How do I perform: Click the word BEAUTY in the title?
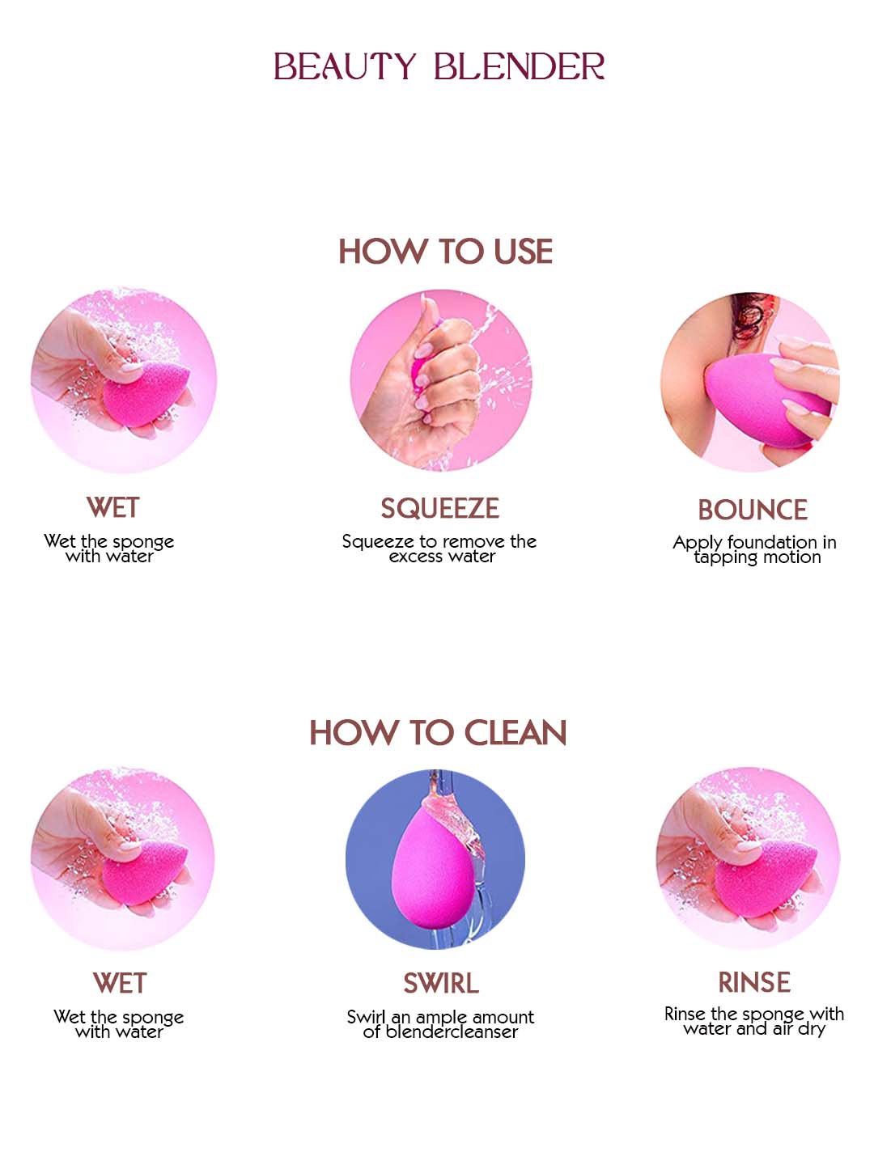pos(345,66)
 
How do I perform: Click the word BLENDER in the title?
pos(519,66)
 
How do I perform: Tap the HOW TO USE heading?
pos(445,251)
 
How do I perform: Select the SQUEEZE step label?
pos(440,508)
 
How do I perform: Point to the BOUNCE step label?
pos(753,510)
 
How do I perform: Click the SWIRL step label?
pos(441,983)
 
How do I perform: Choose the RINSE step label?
pos(754,982)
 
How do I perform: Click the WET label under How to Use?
pos(113,507)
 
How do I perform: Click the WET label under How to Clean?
pos(120,983)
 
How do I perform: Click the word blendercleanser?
pos(452,1032)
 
